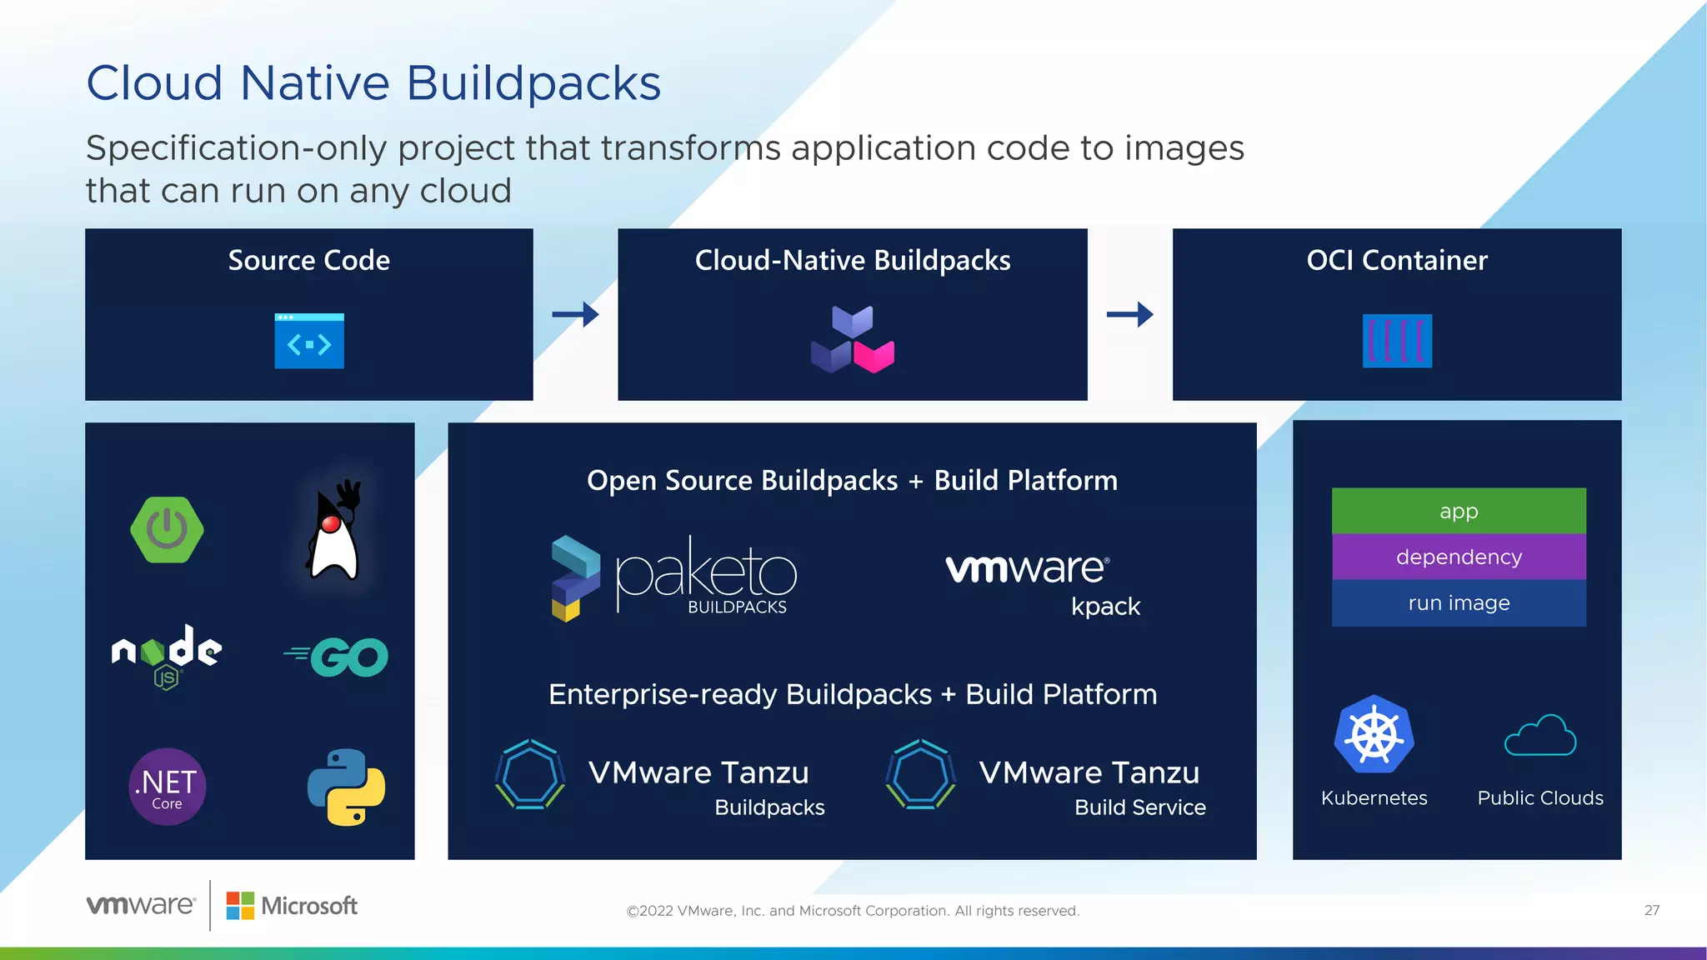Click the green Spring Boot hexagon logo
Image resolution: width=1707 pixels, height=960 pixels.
coord(167,530)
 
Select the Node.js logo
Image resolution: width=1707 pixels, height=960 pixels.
coord(167,654)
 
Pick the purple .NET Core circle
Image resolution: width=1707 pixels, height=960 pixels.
coord(167,787)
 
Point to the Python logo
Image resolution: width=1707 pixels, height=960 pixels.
coord(346,787)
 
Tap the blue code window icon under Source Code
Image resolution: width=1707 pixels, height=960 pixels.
coord(309,341)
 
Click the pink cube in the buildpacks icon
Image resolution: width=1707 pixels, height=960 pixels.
coord(874,356)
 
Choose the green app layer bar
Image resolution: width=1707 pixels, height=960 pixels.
coord(1459,511)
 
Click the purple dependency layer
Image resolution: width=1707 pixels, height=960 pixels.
coord(1459,557)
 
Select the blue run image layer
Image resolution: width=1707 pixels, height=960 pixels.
coord(1459,602)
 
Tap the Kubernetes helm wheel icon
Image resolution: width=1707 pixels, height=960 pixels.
coord(1374,735)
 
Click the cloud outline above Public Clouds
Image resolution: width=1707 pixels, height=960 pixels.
coord(1540,736)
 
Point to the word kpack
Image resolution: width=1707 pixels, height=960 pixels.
coord(1105,607)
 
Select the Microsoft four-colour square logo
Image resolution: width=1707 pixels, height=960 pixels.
coord(240,906)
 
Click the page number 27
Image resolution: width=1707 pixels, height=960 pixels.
coord(1651,910)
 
